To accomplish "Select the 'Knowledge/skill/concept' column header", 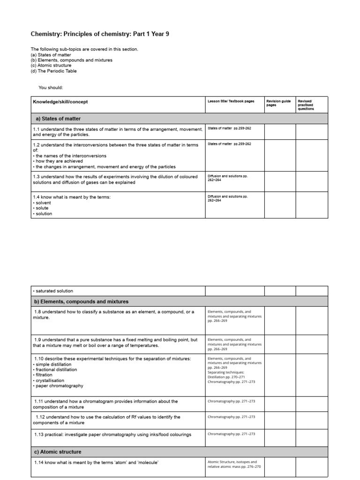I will click(x=60, y=102).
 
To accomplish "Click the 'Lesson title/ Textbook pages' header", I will click(x=231, y=101).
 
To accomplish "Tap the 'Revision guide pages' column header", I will click(x=278, y=103).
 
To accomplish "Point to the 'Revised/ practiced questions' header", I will click(x=306, y=105).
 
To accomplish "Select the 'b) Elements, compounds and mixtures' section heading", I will click(x=81, y=301).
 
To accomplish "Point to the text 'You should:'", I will click(x=51, y=87).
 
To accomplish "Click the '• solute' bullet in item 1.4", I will click(x=42, y=208).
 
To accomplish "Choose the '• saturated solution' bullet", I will click(x=53, y=291).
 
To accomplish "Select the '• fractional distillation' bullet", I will click(x=55, y=369).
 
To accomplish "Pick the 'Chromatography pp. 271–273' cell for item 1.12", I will click(x=231, y=416).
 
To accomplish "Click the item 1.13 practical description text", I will click(x=112, y=435).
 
